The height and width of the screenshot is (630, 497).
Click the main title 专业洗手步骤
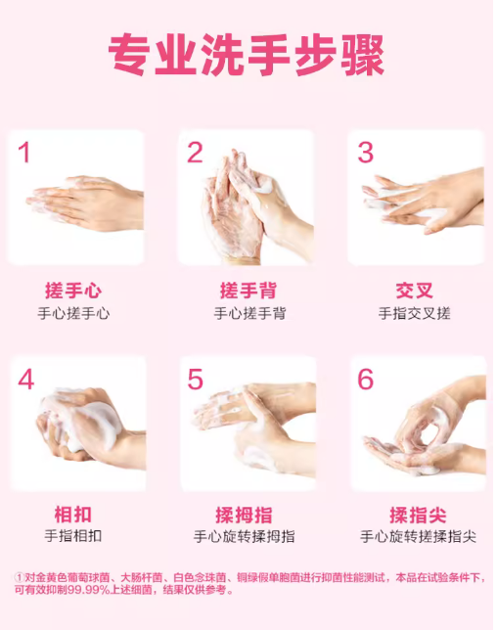[246, 55]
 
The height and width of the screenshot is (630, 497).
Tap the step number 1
[24, 153]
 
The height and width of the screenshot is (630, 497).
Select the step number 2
[195, 153]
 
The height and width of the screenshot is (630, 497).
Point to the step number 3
[365, 153]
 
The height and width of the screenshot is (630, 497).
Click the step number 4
[25, 380]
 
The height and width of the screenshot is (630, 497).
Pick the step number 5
[196, 380]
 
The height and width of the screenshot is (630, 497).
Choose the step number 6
[366, 380]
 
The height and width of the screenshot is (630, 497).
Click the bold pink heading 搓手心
[73, 291]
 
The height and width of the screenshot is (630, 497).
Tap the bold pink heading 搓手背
[248, 291]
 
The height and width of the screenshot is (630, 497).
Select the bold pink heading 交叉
[414, 291]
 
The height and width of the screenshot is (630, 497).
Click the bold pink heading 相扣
[73, 515]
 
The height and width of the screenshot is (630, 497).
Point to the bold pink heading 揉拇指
[244, 515]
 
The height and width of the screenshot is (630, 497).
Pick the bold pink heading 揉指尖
[418, 515]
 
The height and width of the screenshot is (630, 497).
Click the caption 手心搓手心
[73, 313]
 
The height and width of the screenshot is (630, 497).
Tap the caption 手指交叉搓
[414, 313]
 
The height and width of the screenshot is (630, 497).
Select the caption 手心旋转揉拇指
[244, 536]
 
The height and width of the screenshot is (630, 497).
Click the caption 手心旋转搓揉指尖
[418, 536]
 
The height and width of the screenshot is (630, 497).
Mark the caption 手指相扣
[73, 536]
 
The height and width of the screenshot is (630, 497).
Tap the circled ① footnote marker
[20, 578]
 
